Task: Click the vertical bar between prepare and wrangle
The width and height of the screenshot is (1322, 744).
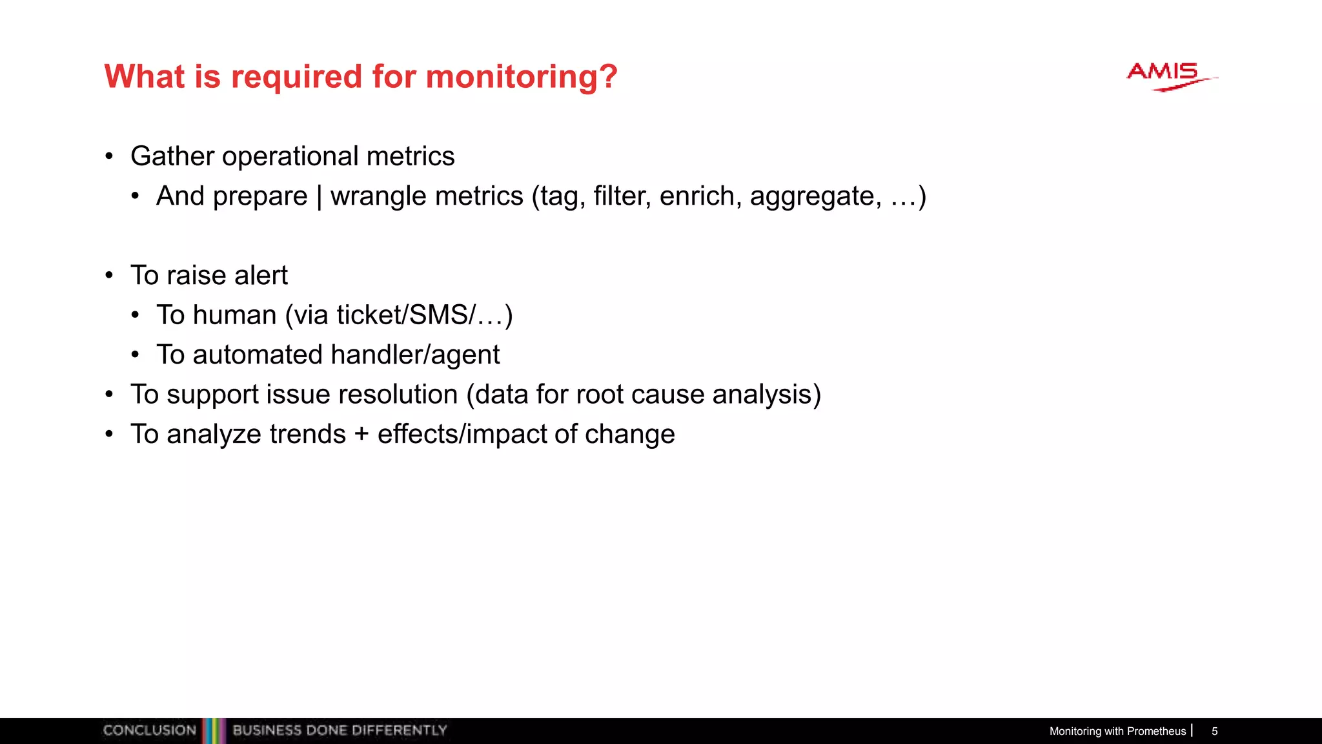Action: pos(319,196)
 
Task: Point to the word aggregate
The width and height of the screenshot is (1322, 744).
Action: pos(815,196)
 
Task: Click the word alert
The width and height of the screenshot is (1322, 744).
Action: pos(261,276)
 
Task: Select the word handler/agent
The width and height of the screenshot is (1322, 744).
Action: pos(415,355)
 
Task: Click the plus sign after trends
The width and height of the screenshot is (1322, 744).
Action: pos(361,435)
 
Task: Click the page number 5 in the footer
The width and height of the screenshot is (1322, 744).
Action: pos(1214,731)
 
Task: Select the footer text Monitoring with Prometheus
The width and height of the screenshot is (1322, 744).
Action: pos(1117,731)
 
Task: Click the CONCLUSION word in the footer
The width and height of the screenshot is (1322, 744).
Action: pos(149,730)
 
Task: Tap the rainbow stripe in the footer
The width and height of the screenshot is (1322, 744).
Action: pos(214,730)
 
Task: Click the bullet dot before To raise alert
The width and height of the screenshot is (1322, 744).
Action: pos(109,276)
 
